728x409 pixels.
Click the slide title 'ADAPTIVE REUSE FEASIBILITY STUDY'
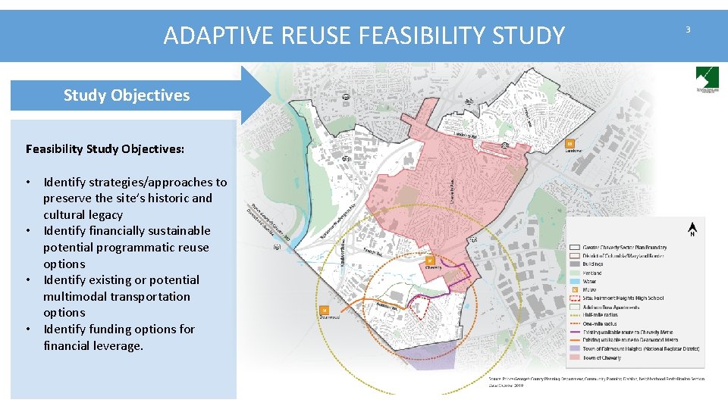[364, 36]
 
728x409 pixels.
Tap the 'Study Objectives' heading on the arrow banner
[127, 95]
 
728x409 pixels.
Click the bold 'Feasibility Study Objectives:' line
[105, 148]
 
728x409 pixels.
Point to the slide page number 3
[688, 30]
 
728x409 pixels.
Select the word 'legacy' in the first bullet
[105, 214]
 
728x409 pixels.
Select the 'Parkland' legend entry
[592, 273]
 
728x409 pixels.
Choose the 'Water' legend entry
[589, 281]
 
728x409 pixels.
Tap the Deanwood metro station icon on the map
[325, 310]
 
